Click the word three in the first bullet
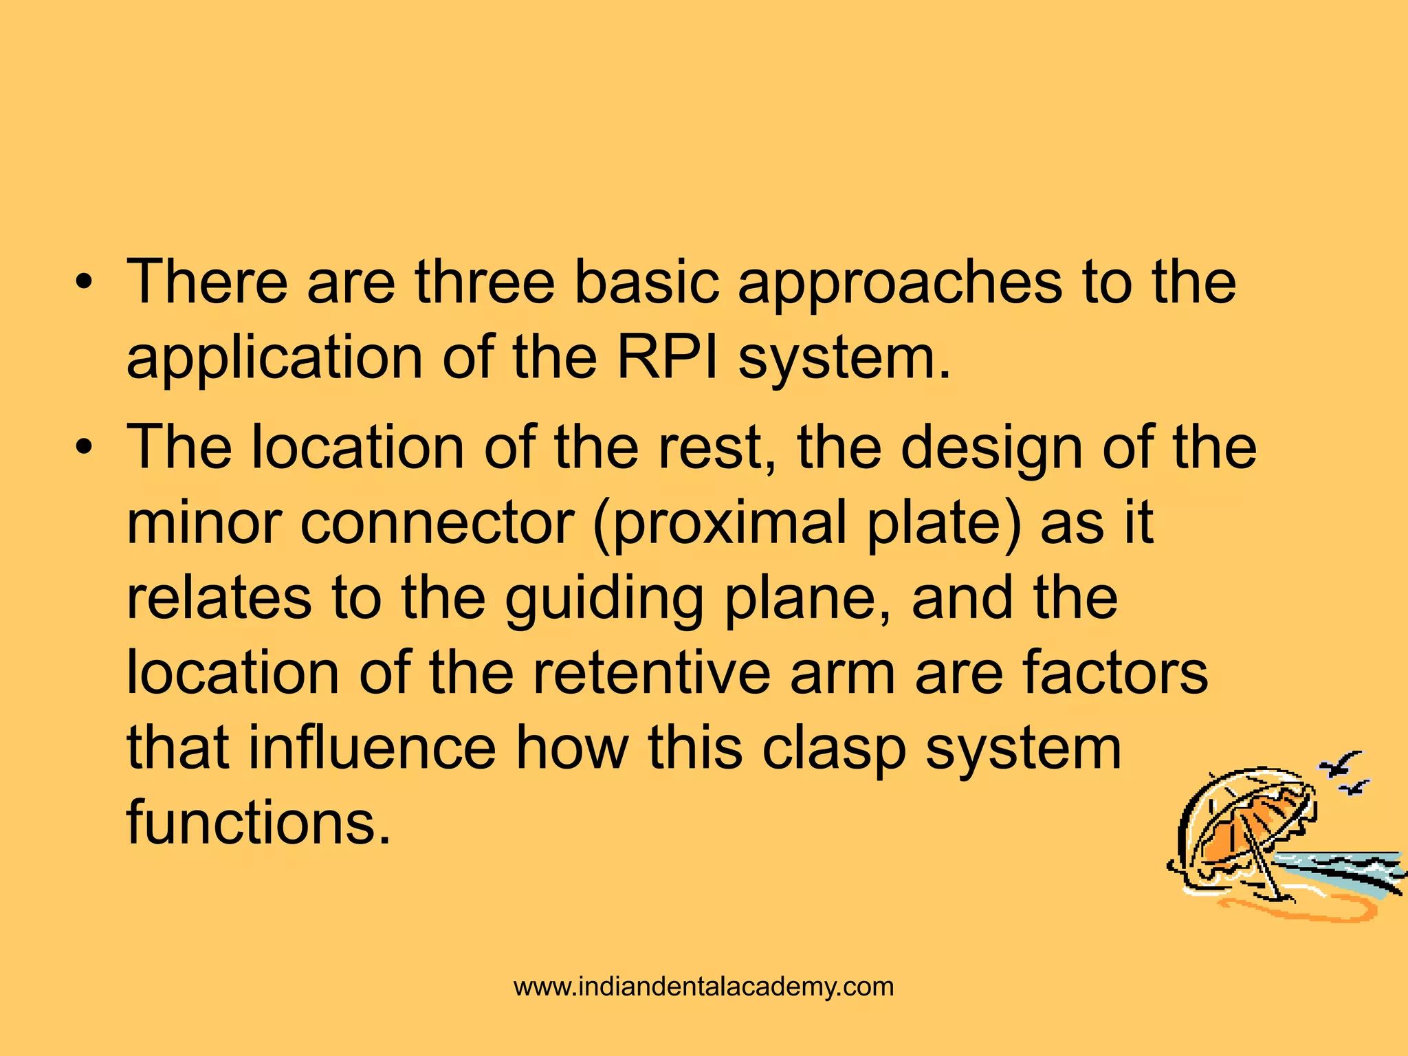[x=485, y=282]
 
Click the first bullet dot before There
[x=84, y=283]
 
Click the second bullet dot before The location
[x=84, y=448]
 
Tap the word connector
[x=437, y=524]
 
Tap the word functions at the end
[x=258, y=823]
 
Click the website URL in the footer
[x=703, y=987]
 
